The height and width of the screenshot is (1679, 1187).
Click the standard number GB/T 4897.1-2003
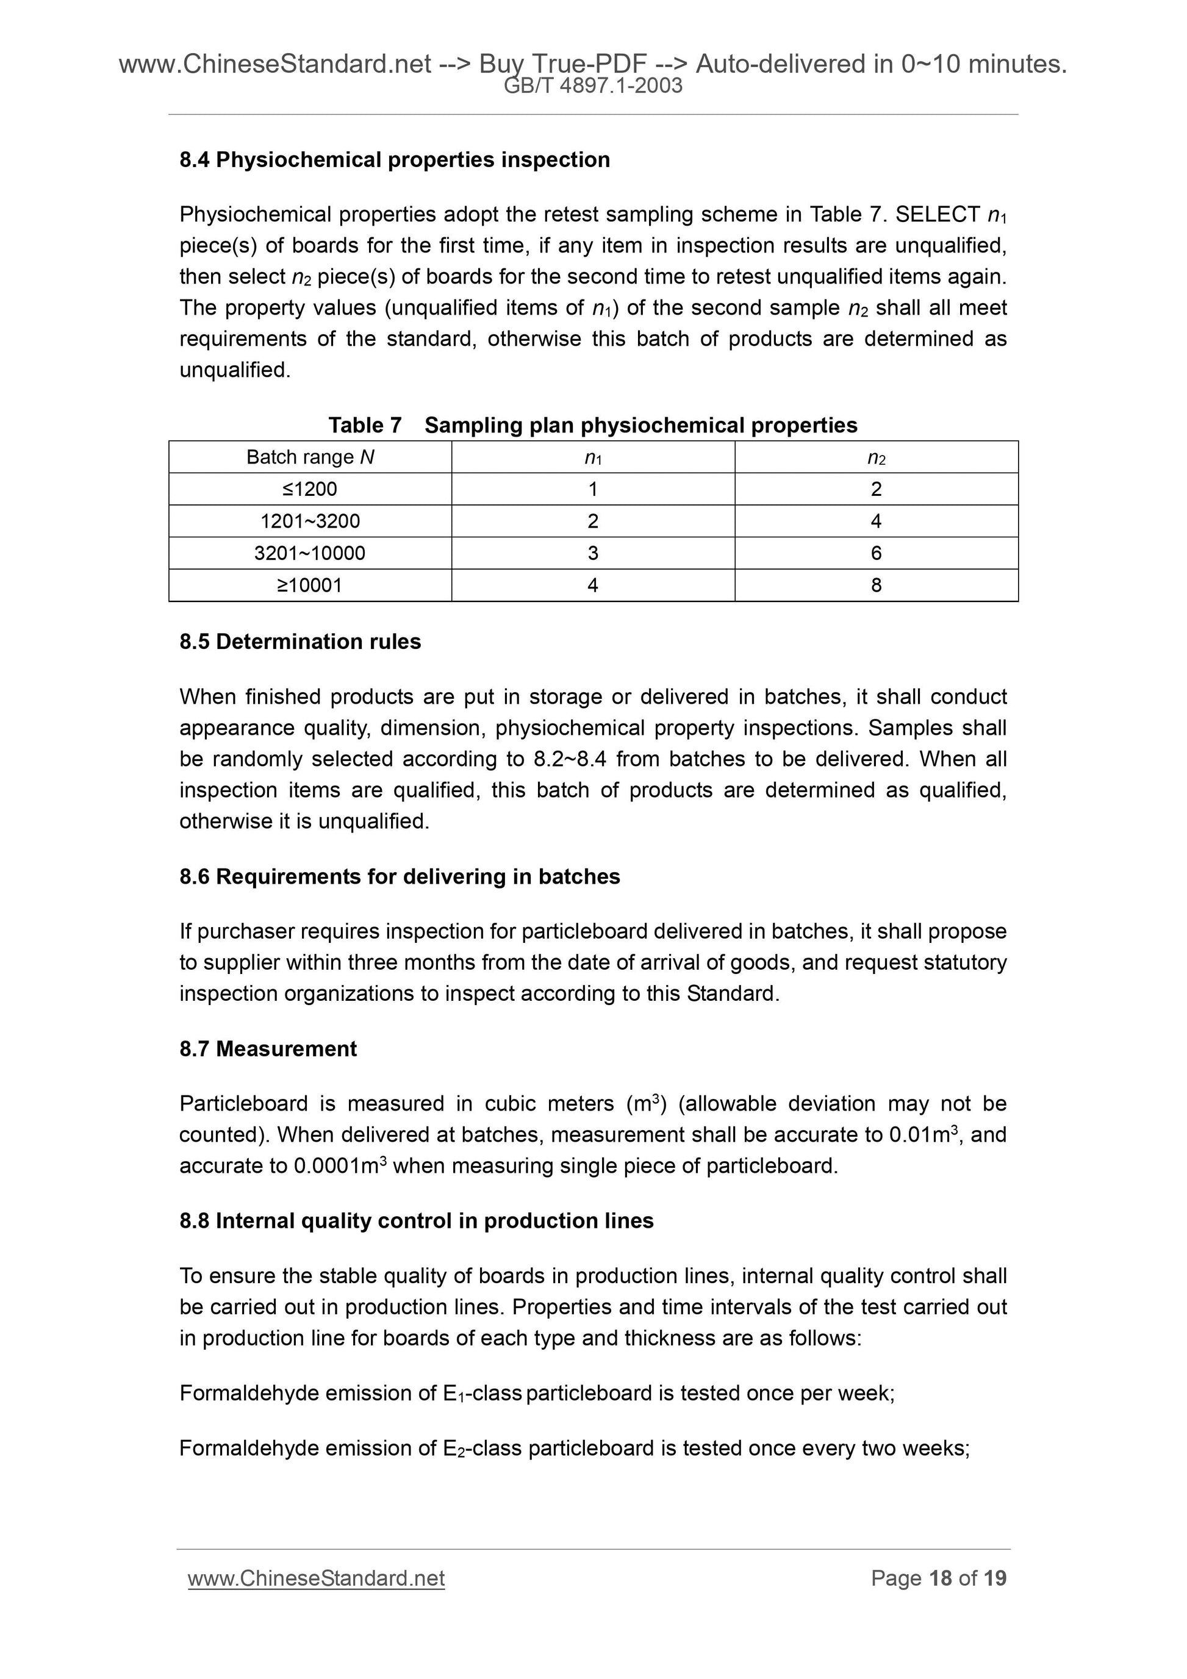(x=593, y=86)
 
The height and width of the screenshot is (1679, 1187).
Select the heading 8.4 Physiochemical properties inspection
(x=395, y=159)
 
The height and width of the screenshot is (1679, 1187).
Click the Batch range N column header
(x=310, y=457)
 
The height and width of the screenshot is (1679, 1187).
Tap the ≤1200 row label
(x=310, y=489)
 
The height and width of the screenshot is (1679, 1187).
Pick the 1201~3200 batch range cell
(x=310, y=521)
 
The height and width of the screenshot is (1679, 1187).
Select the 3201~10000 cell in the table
(x=310, y=553)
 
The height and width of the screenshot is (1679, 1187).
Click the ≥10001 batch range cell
(x=310, y=585)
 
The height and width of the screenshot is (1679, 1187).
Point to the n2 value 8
(x=876, y=585)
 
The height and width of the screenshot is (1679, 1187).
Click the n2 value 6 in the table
(x=876, y=553)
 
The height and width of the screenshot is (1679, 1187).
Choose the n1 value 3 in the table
(x=593, y=553)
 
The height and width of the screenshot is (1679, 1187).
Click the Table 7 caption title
(x=593, y=425)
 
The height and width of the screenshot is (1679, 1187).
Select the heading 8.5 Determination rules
(x=301, y=642)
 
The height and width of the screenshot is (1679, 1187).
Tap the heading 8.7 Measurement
(x=268, y=1048)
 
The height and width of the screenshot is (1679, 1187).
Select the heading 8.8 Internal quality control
(x=417, y=1220)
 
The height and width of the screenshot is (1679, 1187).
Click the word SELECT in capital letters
(x=938, y=214)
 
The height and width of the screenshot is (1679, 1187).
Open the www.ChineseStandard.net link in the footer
(x=317, y=1578)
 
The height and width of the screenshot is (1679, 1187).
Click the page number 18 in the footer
(x=941, y=1578)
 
